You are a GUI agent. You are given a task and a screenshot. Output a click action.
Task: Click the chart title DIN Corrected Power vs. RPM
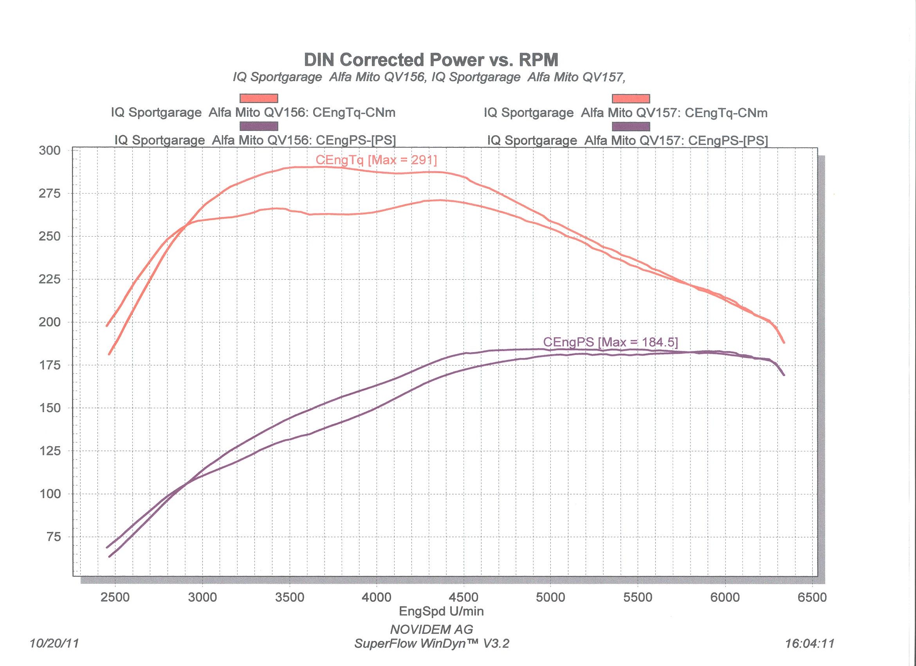tap(431, 60)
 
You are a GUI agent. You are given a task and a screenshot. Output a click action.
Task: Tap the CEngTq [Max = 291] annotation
tap(376, 160)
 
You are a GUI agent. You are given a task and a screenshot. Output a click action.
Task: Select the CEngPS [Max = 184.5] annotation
tap(610, 342)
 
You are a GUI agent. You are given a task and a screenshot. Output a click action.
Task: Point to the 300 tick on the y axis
tap(50, 151)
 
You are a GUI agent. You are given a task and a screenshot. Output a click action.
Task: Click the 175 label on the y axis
tap(50, 366)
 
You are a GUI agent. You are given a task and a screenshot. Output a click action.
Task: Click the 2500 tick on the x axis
tap(115, 597)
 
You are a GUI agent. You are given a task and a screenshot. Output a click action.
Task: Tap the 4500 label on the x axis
tap(463, 597)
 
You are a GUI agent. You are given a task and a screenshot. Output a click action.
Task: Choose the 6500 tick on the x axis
tap(812, 597)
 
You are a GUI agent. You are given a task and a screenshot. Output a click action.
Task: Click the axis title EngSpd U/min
tap(441, 611)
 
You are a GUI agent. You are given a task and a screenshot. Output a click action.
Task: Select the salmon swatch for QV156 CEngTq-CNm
tap(258, 98)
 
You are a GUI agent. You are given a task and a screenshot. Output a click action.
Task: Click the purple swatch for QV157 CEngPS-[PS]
tap(631, 127)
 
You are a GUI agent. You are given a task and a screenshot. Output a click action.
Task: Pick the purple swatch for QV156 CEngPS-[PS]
tap(258, 127)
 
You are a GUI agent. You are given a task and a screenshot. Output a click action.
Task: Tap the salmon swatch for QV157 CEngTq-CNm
tap(631, 98)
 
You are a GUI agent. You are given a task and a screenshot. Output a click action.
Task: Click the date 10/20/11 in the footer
tap(54, 643)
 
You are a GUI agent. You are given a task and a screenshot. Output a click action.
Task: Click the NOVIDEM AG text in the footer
tap(431, 629)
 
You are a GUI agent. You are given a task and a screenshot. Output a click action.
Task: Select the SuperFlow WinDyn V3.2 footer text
tap(431, 643)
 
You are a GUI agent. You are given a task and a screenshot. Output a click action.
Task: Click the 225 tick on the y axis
tap(50, 279)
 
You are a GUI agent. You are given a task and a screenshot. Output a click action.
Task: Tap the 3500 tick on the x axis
tap(289, 597)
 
